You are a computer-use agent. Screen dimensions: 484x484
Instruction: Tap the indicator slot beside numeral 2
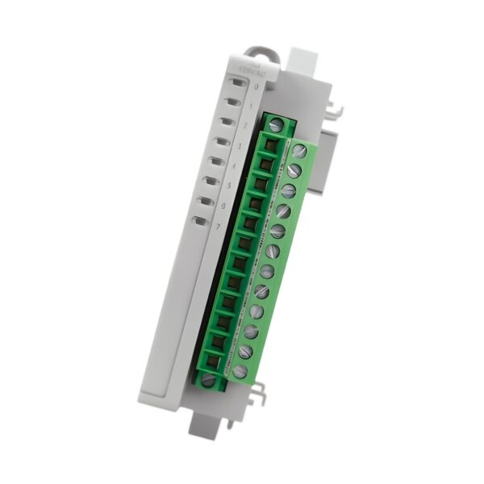pyautogui.click(x=227, y=121)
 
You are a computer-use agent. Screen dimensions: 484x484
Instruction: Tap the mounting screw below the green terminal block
pyautogui.click(x=208, y=379)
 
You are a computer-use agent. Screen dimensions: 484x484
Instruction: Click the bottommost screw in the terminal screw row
pyautogui.click(x=240, y=371)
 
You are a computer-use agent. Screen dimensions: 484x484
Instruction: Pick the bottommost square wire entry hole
pyautogui.click(x=213, y=360)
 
